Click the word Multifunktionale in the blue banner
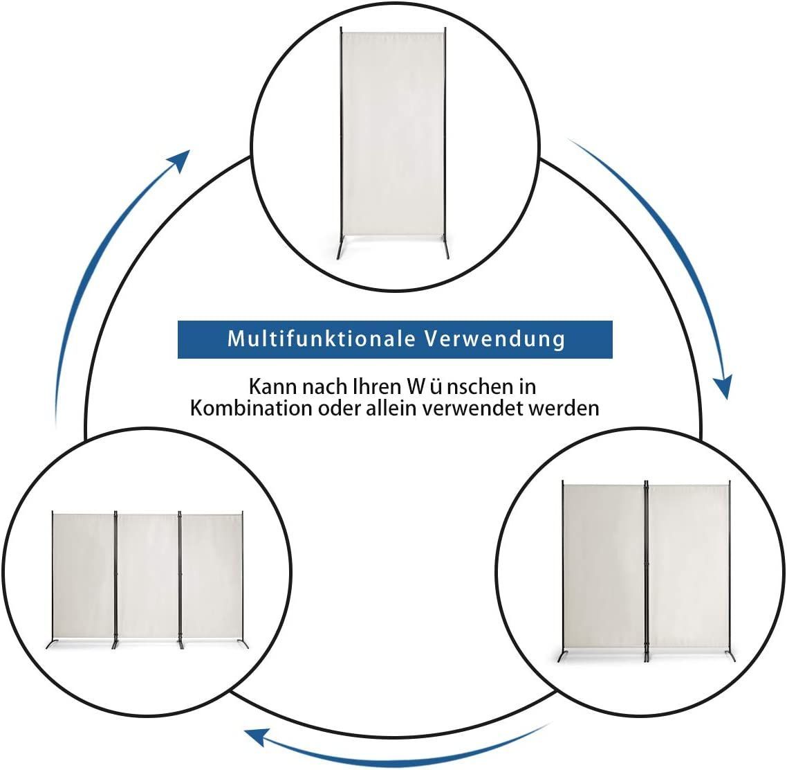coord(322,339)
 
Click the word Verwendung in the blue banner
coord(495,339)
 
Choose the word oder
coord(340,408)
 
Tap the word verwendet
coord(473,408)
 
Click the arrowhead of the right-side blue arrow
coord(724,388)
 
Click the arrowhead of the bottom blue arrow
coord(256,737)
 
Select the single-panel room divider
coord(393,143)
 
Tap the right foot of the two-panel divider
coord(730,656)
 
